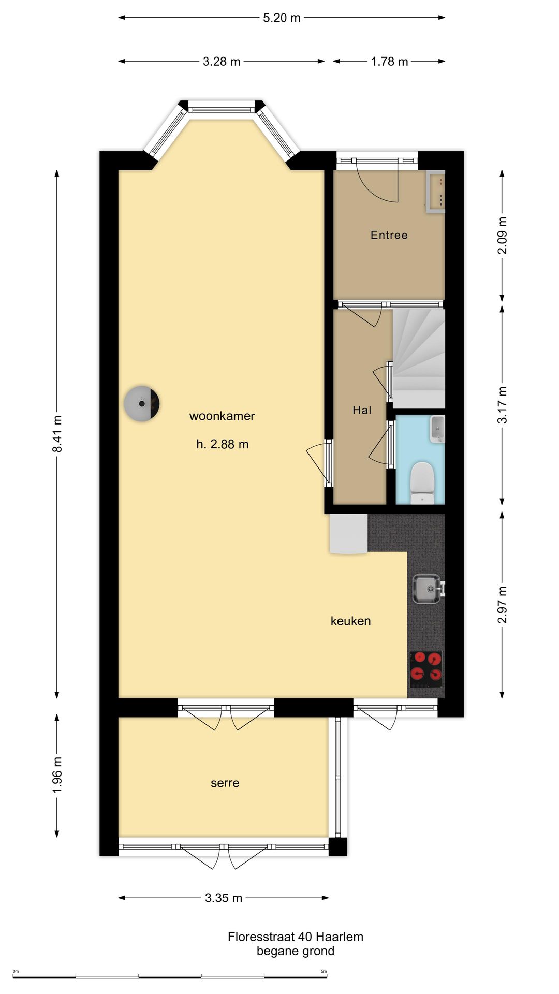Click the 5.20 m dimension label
click(x=282, y=18)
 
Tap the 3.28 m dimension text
click(x=222, y=61)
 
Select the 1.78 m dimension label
click(x=389, y=61)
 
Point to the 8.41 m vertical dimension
click(x=57, y=434)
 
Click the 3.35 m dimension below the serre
click(x=224, y=898)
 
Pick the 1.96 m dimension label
click(x=57, y=775)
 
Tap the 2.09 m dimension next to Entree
click(x=502, y=236)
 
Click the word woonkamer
click(x=222, y=416)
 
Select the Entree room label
click(x=389, y=235)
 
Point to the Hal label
click(x=362, y=410)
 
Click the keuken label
click(x=351, y=621)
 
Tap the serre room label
click(x=225, y=783)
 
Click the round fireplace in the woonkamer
click(x=141, y=403)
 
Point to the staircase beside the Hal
click(x=419, y=358)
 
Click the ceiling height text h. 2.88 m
click(x=223, y=444)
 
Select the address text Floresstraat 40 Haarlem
click(x=296, y=937)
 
